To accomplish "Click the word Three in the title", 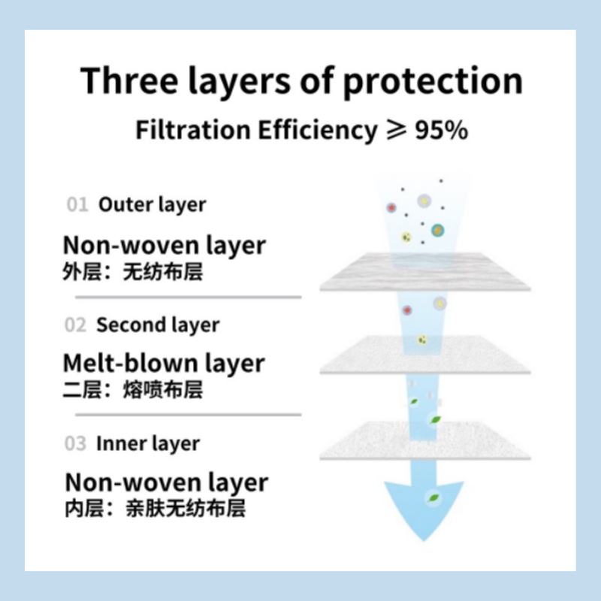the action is (x=129, y=80).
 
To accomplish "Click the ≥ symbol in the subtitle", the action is (x=396, y=130).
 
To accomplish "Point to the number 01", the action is (x=77, y=204).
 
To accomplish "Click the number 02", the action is (x=76, y=325).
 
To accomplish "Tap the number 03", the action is (x=76, y=443).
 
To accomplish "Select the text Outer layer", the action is (x=153, y=204).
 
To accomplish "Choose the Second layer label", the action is (x=158, y=325).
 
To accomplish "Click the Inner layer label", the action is (x=148, y=444).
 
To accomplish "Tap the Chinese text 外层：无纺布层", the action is (x=133, y=272).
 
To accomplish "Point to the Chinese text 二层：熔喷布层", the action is (x=133, y=390).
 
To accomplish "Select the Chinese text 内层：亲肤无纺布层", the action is (x=156, y=509).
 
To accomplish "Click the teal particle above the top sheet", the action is (x=437, y=231).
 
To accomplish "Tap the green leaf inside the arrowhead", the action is (x=433, y=498).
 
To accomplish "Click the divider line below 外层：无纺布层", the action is (x=189, y=297).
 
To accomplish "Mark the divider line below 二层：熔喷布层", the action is (x=189, y=415).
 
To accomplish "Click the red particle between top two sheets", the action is (x=407, y=310).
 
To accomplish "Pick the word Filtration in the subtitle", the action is (x=193, y=130).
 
